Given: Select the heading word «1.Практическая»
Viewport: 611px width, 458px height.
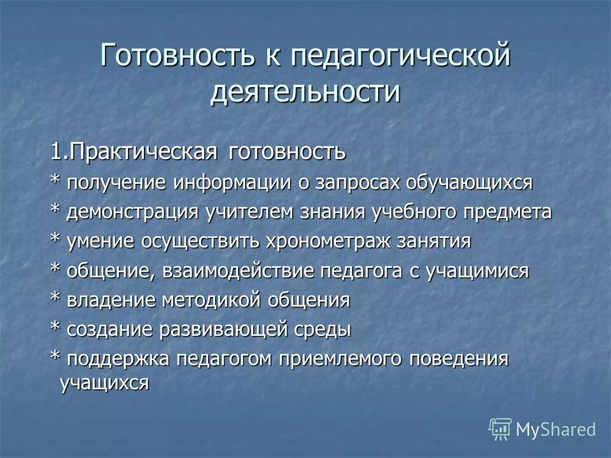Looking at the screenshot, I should point(136,153).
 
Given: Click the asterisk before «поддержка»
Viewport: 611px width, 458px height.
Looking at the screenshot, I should point(55,357).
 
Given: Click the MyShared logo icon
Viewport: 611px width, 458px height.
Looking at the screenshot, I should point(500,429).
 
